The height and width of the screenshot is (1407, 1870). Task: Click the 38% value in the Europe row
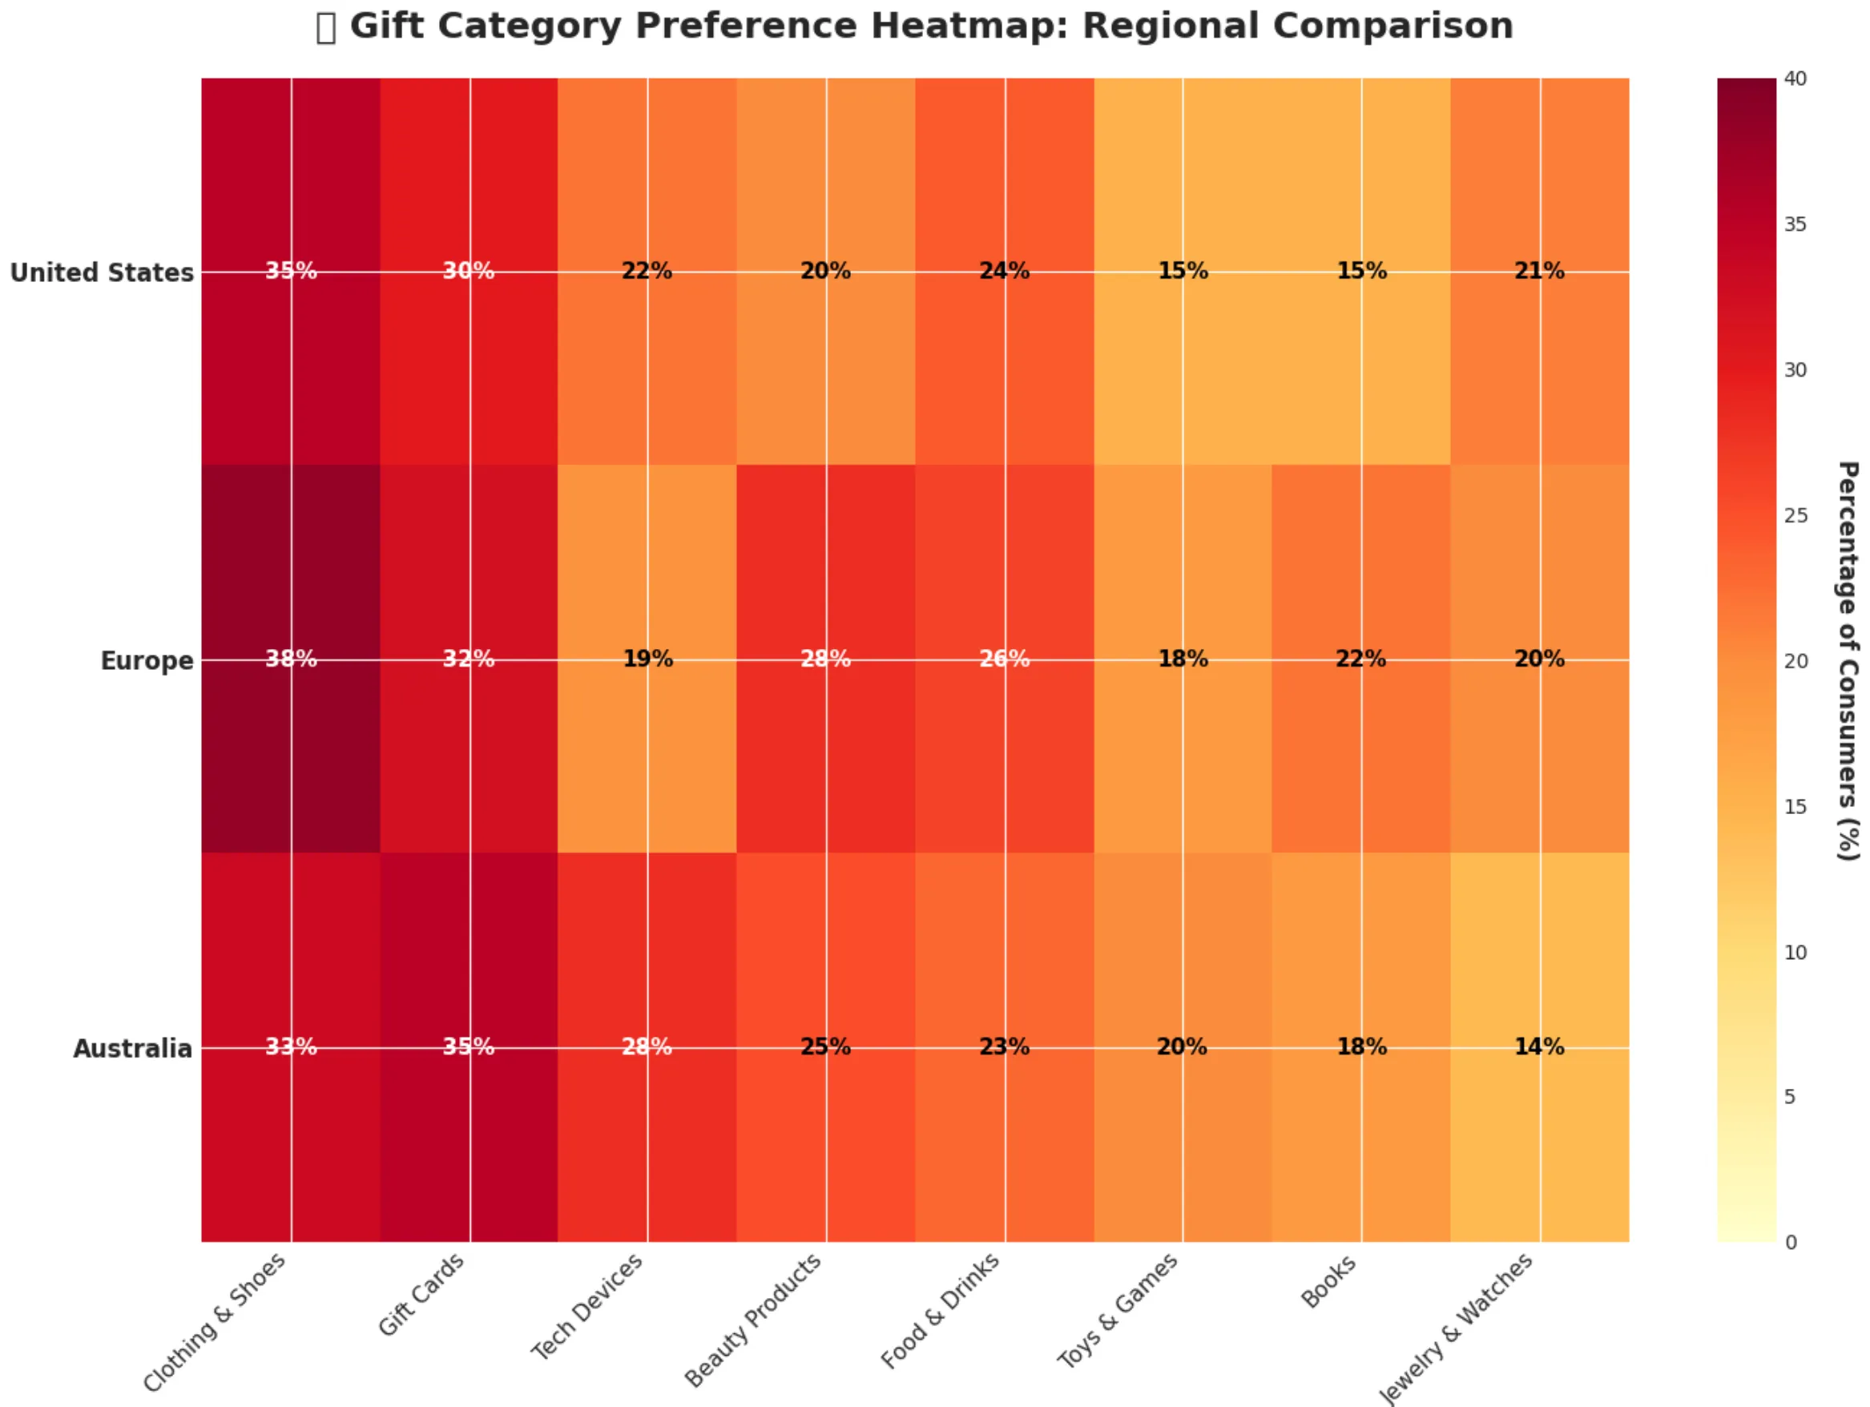coord(291,659)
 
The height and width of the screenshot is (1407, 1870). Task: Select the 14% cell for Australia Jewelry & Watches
coord(1538,1046)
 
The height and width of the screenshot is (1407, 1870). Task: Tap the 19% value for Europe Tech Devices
coord(647,659)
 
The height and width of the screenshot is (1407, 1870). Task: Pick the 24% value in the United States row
coord(1005,272)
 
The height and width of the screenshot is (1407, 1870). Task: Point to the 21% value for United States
coord(1538,272)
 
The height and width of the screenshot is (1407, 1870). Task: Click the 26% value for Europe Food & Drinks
coord(1005,659)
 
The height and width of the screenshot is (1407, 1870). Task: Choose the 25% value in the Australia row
coord(826,1046)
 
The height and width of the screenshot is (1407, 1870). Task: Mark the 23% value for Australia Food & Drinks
coord(1005,1046)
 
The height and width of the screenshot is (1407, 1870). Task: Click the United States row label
coord(102,273)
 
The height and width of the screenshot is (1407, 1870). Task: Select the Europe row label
coord(147,660)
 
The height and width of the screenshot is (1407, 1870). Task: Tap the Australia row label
coord(133,1049)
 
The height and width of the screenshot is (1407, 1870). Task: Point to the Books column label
coord(1328,1282)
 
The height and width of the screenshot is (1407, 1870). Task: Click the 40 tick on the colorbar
coord(1795,79)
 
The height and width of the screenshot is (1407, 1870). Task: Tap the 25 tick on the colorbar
coord(1795,516)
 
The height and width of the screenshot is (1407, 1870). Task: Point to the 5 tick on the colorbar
coord(1790,1098)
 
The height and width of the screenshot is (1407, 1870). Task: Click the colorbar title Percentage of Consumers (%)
coord(1848,660)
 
